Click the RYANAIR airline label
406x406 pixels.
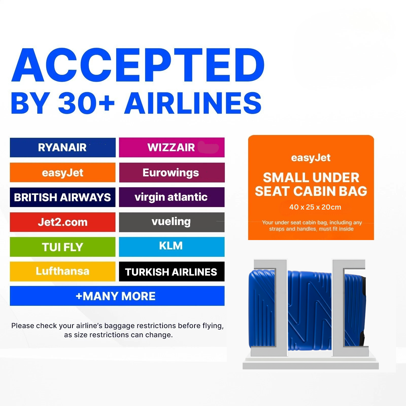(63, 147)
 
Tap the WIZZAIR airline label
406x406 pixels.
(172, 147)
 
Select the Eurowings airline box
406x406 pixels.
(172, 173)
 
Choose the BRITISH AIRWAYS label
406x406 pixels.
(63, 197)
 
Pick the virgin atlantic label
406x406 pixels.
(172, 197)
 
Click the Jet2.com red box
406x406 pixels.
(63, 222)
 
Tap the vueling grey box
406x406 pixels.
(172, 222)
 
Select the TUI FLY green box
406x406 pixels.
(63, 247)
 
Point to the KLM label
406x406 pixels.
(172, 247)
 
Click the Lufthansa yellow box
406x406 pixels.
(63, 272)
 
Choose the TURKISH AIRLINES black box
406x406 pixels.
(172, 272)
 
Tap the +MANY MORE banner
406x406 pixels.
(117, 296)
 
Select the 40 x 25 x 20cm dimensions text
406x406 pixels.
(315, 207)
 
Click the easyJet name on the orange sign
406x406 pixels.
(311, 158)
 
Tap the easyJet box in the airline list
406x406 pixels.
(63, 173)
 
